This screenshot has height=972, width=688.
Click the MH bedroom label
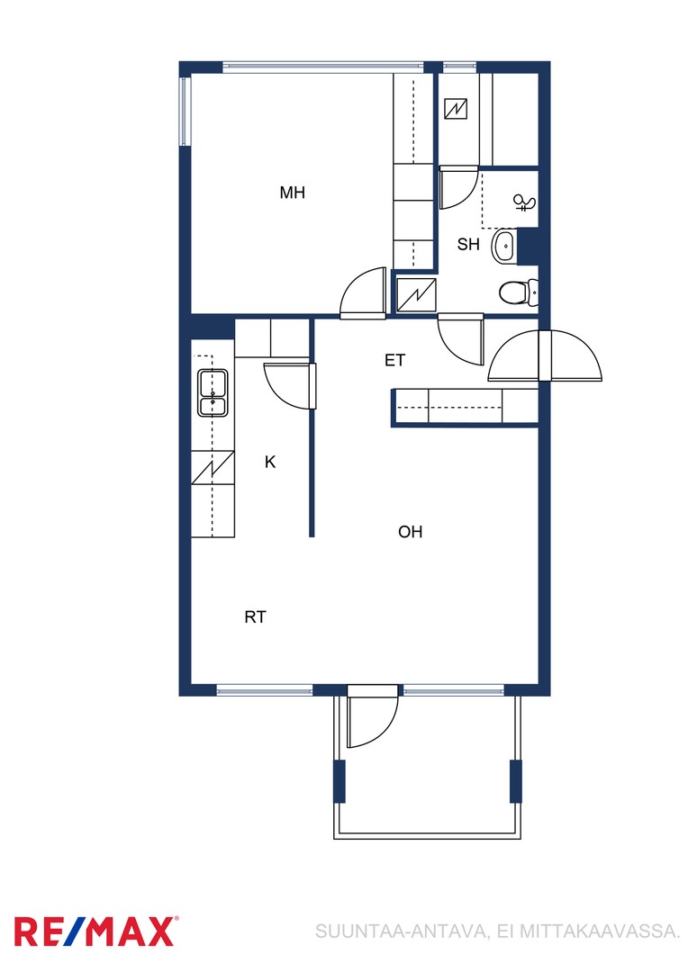click(292, 193)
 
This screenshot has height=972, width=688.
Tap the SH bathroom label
click(468, 245)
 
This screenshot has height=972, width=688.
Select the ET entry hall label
click(394, 360)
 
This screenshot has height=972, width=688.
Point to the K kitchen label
click(270, 462)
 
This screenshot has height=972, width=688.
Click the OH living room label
click(410, 532)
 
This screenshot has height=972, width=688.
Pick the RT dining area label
click(255, 617)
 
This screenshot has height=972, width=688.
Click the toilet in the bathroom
click(519, 292)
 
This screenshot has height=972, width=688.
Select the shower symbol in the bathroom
click(525, 202)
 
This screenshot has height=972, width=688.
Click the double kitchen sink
click(213, 392)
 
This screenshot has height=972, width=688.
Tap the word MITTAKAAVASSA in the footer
click(600, 931)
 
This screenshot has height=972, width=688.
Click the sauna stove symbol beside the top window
click(456, 109)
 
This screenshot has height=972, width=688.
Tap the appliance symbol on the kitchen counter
click(213, 467)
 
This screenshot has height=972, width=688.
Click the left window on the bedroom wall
click(185, 111)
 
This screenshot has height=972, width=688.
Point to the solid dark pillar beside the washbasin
click(528, 247)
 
